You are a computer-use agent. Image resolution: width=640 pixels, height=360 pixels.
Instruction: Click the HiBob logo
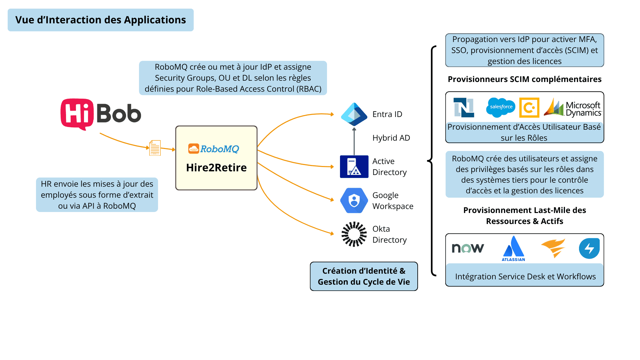coord(101,114)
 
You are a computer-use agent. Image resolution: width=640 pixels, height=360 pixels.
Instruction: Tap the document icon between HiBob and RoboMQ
coord(155,148)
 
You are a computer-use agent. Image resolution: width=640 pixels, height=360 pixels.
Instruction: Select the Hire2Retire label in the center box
coord(216,167)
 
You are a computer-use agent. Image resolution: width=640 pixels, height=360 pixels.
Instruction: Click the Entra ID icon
coord(354,114)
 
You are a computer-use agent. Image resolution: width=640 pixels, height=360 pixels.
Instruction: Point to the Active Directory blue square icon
coord(354,166)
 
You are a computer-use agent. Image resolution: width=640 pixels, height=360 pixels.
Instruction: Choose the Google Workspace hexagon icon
coord(354,200)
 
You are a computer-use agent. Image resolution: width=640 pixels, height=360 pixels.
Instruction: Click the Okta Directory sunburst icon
coord(354,234)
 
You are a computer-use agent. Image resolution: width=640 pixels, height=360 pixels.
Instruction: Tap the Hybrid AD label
coord(391,138)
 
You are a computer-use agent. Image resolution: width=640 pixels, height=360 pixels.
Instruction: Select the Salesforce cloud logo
coord(501,107)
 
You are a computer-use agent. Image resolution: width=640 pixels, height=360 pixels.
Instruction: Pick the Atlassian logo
coord(513,248)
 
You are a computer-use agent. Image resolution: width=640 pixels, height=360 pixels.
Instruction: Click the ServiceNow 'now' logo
coord(468,248)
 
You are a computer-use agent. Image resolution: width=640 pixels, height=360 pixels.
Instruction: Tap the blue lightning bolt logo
coord(589,248)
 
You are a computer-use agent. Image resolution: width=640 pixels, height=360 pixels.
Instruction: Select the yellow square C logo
coord(529,108)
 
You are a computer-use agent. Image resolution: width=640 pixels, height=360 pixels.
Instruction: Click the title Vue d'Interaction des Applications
coord(101,20)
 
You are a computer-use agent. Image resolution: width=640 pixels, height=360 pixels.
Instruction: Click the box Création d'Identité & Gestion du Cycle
coord(364,276)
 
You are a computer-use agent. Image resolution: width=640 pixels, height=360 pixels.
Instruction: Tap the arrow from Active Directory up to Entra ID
coord(354,142)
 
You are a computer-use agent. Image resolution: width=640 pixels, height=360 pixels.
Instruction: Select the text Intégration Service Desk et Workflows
coord(525,276)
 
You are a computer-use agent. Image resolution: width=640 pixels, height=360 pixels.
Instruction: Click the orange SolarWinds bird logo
coord(553,248)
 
